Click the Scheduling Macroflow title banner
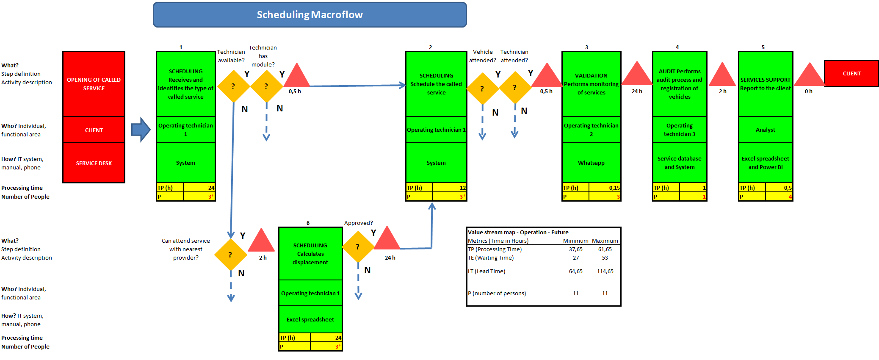click(310, 15)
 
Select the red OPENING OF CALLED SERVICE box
click(94, 84)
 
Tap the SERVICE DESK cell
click(94, 163)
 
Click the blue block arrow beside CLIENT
click(141, 130)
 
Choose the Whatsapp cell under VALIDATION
click(591, 163)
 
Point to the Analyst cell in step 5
click(765, 130)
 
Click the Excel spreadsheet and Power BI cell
click(765, 163)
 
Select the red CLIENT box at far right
click(851, 74)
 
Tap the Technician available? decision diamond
click(233, 86)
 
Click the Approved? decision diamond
click(358, 247)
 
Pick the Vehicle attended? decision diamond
click(482, 89)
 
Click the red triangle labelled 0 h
click(809, 76)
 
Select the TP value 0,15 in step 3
click(614, 188)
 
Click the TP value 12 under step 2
click(462, 188)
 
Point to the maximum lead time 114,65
click(605, 271)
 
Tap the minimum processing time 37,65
click(575, 249)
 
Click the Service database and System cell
click(679, 163)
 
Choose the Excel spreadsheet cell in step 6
click(310, 320)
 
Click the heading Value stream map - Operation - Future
click(518, 233)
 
